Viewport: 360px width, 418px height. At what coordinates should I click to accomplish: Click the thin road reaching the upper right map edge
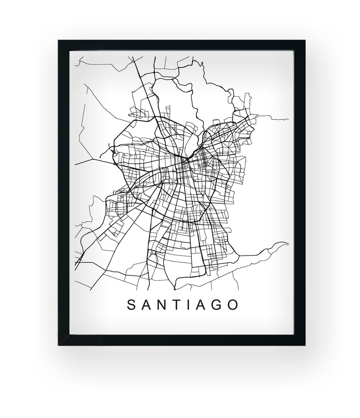click(282, 119)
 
